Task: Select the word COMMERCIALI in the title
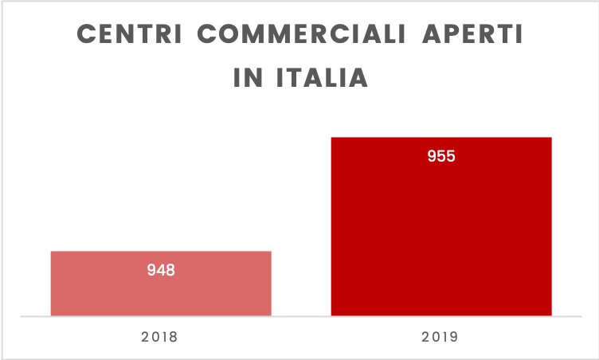pos(306,37)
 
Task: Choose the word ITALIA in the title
pos(322,79)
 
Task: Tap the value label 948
pos(161,270)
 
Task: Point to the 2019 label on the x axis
pos(440,337)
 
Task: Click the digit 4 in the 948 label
pos(161,270)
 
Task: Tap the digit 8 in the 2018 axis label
pos(173,337)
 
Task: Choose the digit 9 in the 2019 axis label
pos(453,337)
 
